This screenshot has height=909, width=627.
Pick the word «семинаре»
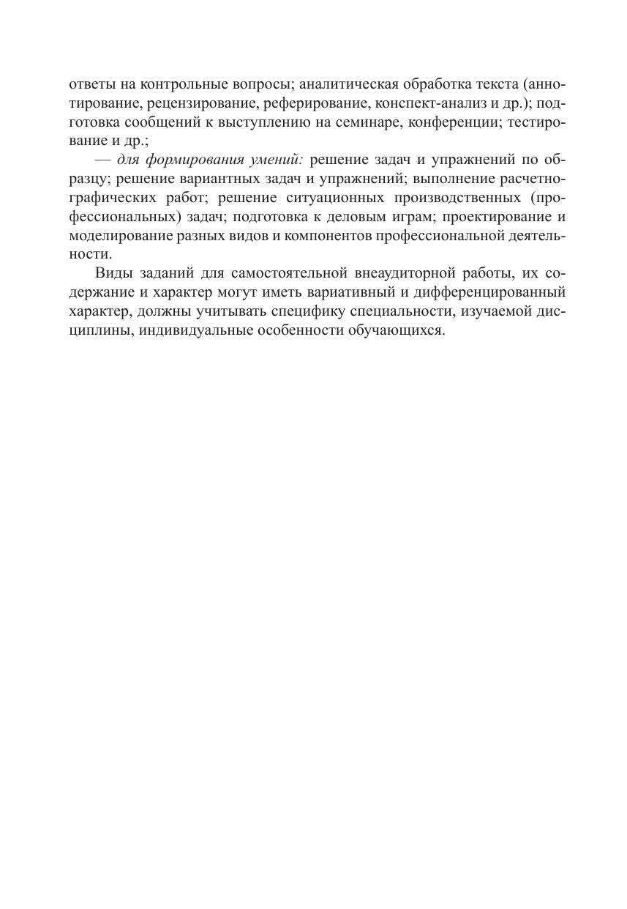coord(389,122)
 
